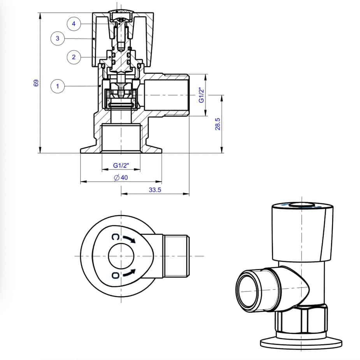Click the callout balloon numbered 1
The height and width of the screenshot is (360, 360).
(58, 86)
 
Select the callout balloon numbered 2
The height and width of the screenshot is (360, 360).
(74, 57)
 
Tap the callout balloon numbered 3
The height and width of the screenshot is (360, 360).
(58, 38)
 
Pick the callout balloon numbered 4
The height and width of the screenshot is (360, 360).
(74, 24)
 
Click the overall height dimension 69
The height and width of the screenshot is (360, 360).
(36, 83)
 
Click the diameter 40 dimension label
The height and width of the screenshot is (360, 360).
(121, 178)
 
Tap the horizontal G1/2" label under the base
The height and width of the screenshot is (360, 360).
(121, 166)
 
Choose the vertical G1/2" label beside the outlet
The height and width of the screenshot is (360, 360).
(201, 95)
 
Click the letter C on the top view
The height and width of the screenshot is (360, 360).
(115, 237)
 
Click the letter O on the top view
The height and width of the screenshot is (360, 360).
(115, 275)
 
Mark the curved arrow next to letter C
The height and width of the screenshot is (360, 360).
(130, 239)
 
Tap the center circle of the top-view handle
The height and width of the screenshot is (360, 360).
(121, 256)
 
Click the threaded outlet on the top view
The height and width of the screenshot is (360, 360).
(176, 256)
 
